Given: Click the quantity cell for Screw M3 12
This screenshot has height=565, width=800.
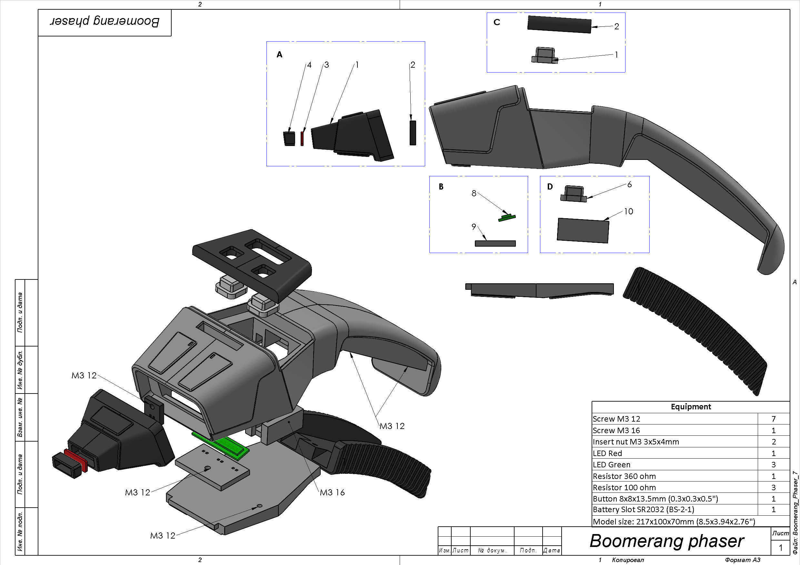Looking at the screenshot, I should click(x=773, y=419).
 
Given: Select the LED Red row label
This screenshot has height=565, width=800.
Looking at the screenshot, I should click(x=607, y=453).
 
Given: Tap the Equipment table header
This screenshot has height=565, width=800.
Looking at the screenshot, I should click(x=691, y=407).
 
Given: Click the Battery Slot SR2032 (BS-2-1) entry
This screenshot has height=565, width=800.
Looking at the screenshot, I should click(x=643, y=510).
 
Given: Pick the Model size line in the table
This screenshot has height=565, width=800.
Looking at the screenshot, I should click(x=674, y=521).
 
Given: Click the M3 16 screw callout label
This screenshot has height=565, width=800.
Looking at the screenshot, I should click(x=332, y=492).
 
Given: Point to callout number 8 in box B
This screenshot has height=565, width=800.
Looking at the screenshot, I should click(x=474, y=193).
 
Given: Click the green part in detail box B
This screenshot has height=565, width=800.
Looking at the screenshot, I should click(x=507, y=218).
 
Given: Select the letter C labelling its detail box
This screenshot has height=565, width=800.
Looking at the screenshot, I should click(x=497, y=22).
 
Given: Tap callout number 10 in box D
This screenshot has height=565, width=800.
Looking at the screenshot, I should click(x=628, y=211).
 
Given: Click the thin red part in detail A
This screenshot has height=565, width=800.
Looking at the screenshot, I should click(x=302, y=138).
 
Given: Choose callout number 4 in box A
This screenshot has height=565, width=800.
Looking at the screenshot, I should click(x=309, y=65).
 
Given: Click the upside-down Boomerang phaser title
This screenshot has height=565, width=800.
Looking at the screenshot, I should click(x=105, y=22).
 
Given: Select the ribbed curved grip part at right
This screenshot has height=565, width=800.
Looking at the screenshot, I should click(x=693, y=331).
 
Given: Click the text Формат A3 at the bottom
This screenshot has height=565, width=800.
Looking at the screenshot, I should click(x=743, y=560).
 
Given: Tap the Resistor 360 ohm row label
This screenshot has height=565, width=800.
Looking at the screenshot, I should click(x=624, y=476).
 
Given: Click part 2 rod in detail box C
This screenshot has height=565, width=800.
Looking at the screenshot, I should click(x=559, y=24).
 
